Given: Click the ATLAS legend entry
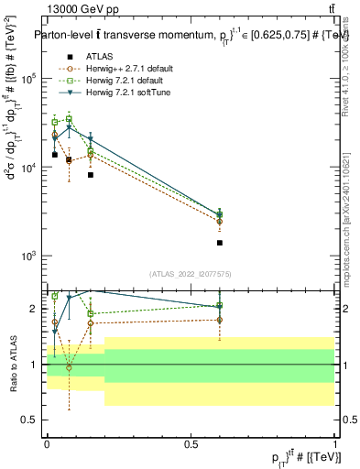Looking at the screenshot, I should pyautogui.click(x=99, y=57).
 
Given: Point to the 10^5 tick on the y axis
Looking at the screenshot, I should pyautogui.click(x=32, y=79).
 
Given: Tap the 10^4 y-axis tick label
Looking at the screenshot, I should pyautogui.click(x=32, y=168).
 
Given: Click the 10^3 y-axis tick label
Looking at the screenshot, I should pyautogui.click(x=32, y=256).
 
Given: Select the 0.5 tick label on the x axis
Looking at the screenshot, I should pyautogui.click(x=191, y=443).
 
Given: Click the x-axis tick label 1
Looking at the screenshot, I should pyautogui.click(x=333, y=443).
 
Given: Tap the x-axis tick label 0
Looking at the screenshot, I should pyautogui.click(x=47, y=443).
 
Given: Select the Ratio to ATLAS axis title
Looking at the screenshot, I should pyautogui.click(x=14, y=364).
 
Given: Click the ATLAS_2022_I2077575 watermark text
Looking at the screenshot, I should pyautogui.click(x=190, y=275).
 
